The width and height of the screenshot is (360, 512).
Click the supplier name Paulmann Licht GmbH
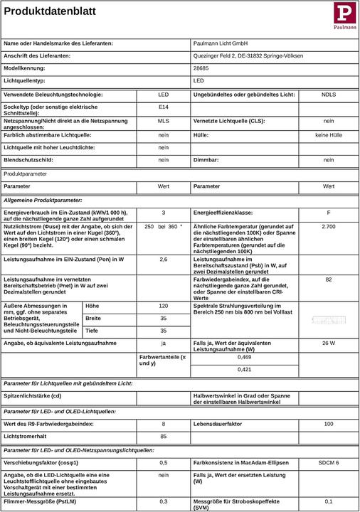[221, 43]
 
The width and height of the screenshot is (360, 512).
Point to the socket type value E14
[163, 107]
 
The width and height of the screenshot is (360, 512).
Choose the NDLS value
[329, 95]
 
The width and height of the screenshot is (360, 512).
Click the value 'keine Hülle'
[328, 134]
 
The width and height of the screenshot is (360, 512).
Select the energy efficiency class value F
[328, 213]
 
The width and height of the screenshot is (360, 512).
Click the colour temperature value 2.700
[328, 225]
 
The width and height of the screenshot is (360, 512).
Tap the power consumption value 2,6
[163, 260]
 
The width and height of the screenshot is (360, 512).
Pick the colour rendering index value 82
[328, 279]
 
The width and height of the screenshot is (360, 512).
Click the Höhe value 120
[163, 305]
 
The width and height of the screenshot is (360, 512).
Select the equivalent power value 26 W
[328, 343]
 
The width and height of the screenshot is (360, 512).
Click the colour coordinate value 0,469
[244, 357]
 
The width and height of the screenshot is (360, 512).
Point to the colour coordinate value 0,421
[244, 370]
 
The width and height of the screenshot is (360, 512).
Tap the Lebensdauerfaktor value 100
[328, 424]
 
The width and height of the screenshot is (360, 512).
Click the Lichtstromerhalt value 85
[163, 436]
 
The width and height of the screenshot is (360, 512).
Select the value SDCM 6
[328, 462]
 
